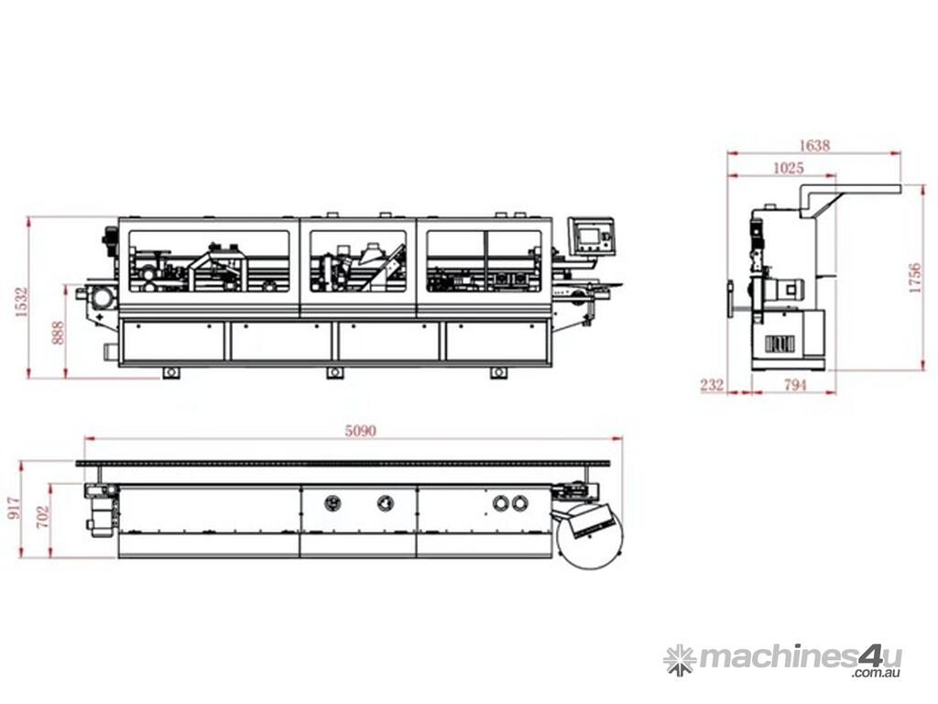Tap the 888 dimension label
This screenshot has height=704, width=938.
59,331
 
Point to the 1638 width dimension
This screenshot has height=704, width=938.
814,145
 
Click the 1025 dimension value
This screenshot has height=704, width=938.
788,168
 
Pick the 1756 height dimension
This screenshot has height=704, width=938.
914,277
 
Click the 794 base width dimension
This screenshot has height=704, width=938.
795,386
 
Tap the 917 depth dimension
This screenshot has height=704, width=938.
14,509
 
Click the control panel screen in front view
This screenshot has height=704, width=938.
590,236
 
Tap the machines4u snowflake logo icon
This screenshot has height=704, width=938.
680,659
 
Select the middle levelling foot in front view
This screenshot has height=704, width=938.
335,372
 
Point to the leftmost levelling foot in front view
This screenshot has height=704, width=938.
171,372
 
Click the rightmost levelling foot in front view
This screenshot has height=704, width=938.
498,372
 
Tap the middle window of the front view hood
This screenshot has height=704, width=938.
358,260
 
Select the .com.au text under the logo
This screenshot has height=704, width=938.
877,674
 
